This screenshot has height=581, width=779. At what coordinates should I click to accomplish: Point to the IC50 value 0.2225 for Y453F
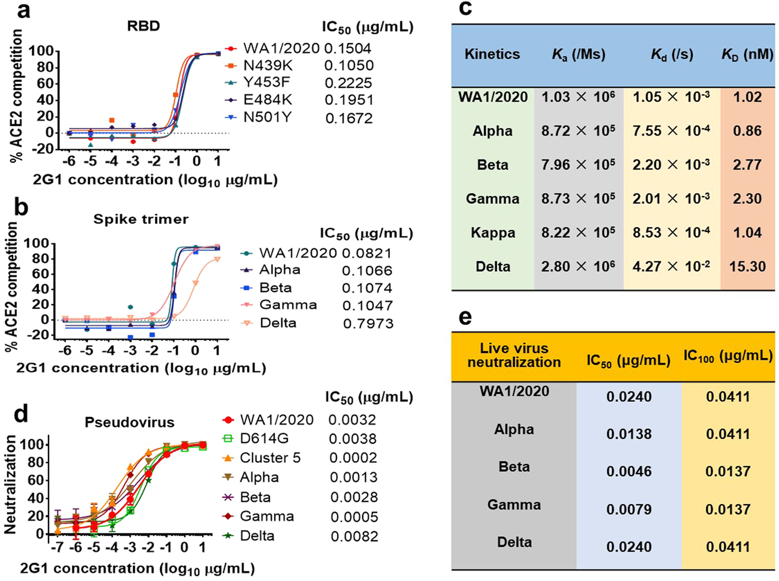(348, 83)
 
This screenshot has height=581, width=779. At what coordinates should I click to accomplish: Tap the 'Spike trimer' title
(141, 219)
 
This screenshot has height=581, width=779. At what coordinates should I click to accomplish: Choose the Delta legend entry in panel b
(278, 323)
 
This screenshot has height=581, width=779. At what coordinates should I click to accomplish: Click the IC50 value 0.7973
(368, 324)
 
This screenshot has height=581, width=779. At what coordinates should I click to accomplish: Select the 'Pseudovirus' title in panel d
(129, 422)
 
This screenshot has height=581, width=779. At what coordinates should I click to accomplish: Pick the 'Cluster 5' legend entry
(270, 458)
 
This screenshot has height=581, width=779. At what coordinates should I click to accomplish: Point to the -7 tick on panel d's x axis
(57, 548)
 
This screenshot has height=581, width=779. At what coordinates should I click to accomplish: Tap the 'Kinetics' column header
(492, 54)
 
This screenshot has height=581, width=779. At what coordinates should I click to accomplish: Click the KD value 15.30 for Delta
(747, 266)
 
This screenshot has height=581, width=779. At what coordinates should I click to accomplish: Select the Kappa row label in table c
(492, 233)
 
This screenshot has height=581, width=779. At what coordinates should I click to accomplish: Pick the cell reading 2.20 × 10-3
(671, 165)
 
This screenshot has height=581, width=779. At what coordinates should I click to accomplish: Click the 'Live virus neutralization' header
(514, 355)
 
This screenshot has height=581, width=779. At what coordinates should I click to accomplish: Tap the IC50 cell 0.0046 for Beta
(628, 471)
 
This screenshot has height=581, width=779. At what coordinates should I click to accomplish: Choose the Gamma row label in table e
(514, 505)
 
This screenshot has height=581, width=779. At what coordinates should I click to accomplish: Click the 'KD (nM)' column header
(747, 54)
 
